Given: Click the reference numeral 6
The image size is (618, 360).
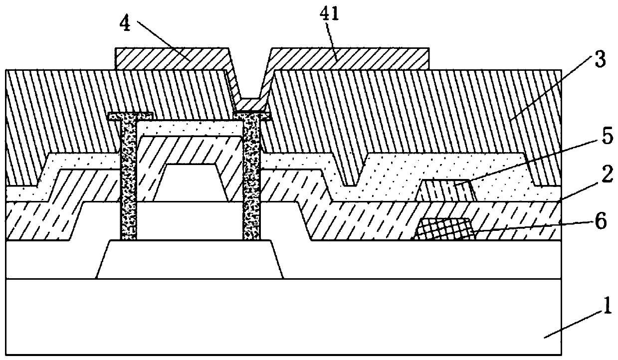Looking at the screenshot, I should click(x=600, y=221).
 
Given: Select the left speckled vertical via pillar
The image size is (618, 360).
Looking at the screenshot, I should click(x=128, y=180).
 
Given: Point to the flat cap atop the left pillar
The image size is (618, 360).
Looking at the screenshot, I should click(x=130, y=116).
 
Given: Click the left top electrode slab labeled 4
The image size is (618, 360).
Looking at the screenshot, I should click(x=170, y=59).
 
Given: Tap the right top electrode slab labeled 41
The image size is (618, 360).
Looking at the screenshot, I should click(x=349, y=59).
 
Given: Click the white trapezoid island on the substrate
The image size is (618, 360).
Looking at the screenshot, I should click(x=190, y=259).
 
